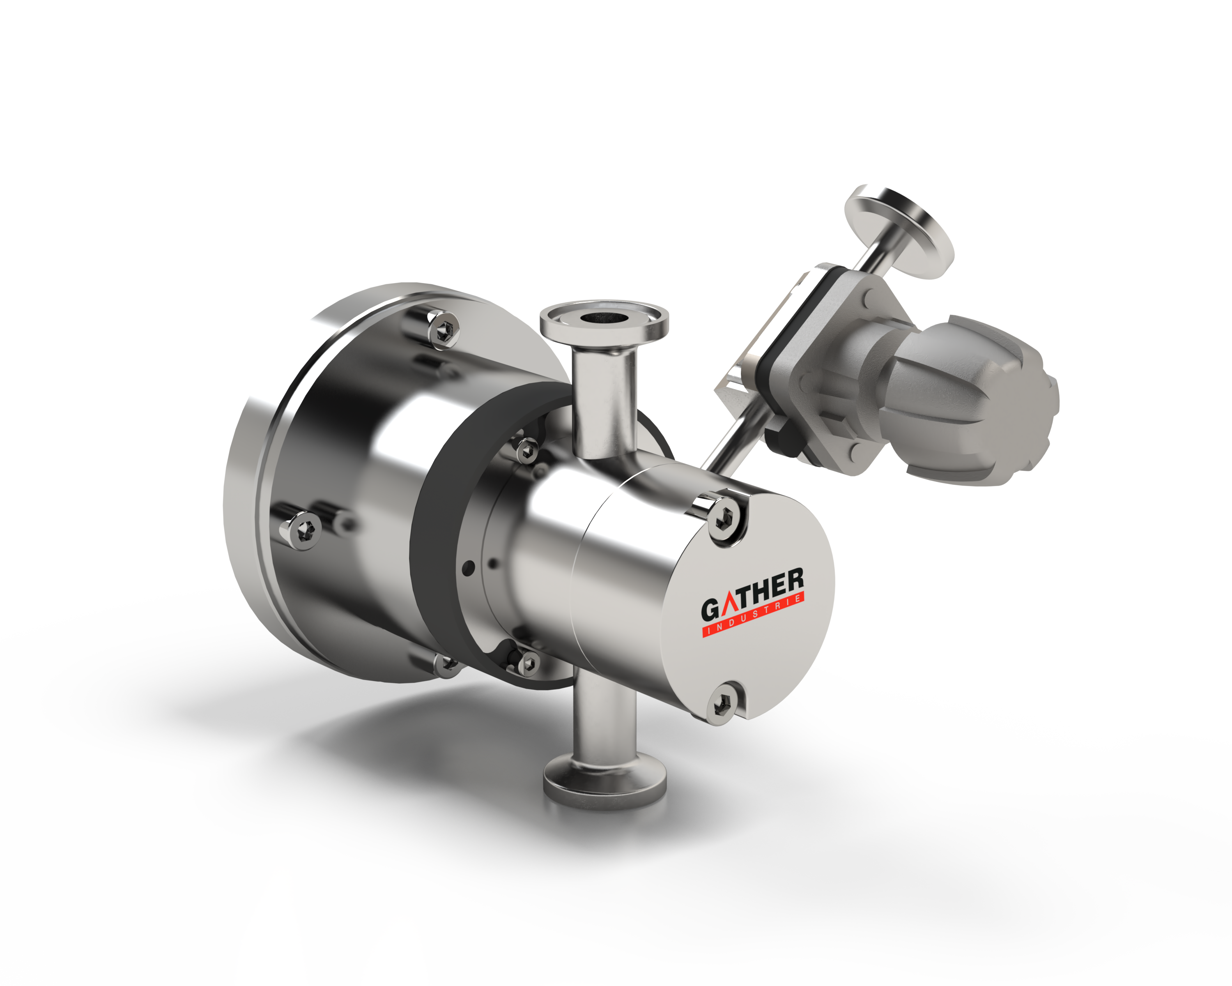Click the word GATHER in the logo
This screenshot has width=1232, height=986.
[x=753, y=594]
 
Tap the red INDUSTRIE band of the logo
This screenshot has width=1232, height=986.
[x=753, y=615]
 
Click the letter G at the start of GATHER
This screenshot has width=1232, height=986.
[x=710, y=609]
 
